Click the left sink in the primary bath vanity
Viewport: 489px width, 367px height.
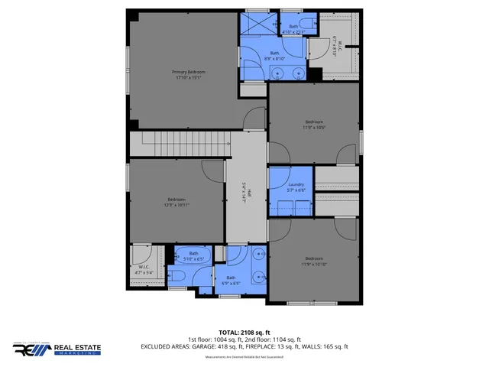[279, 73]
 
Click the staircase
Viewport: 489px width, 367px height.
[180, 143]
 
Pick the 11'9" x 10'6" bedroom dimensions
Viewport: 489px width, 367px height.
[314, 128]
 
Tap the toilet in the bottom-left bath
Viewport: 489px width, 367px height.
[176, 276]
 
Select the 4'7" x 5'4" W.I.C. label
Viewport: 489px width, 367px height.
[144, 269]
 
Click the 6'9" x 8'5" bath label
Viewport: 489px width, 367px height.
[231, 280]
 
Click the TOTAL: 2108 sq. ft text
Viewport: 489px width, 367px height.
[244, 332]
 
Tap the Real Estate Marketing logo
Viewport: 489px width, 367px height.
[57, 349]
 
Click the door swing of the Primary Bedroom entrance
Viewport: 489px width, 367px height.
[253, 119]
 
